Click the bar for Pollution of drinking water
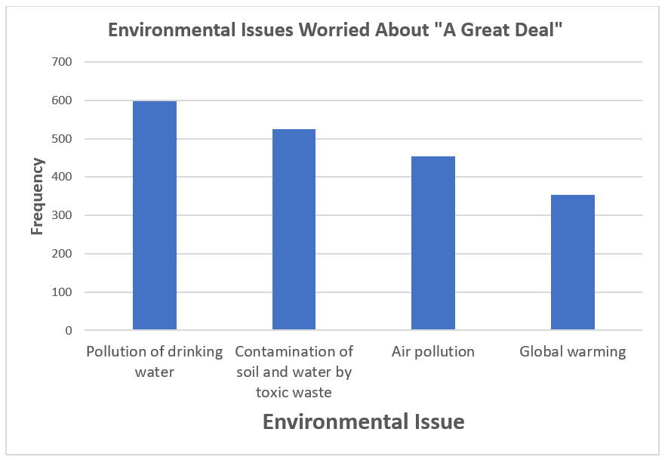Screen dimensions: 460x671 (155, 216)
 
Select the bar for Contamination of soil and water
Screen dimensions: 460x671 (294, 230)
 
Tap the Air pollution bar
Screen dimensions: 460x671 (433, 243)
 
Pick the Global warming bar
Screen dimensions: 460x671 (573, 262)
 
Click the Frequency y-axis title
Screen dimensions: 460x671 (37, 196)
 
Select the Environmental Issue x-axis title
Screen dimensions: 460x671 (363, 421)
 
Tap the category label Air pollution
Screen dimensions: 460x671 (433, 352)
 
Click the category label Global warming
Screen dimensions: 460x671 (573, 352)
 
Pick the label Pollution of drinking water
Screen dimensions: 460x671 (155, 361)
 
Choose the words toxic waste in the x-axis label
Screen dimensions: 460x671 (294, 392)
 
